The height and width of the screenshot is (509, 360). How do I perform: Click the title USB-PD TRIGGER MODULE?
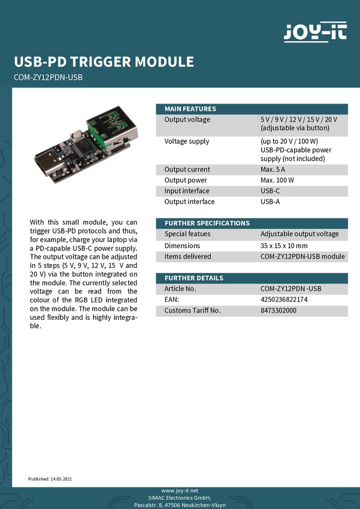[104, 62]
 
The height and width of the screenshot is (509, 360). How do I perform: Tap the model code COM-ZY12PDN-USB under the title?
[47, 77]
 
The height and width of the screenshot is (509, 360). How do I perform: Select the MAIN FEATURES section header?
[190, 108]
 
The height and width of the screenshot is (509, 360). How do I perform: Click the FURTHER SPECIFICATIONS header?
[207, 223]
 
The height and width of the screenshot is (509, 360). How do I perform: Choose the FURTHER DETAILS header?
[194, 278]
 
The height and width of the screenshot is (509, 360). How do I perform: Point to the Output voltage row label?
[187, 120]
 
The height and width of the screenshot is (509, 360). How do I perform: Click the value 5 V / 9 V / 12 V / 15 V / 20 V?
[299, 120]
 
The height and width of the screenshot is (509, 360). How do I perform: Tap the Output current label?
[187, 169]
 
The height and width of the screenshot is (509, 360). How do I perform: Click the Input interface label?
[187, 191]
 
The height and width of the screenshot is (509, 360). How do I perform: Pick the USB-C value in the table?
[270, 191]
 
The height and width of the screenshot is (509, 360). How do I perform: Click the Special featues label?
[187, 234]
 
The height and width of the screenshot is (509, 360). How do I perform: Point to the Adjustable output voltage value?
[300, 234]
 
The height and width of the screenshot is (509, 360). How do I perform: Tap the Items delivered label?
[188, 256]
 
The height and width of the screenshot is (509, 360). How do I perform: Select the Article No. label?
[180, 289]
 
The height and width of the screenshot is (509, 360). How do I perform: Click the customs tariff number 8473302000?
[279, 310]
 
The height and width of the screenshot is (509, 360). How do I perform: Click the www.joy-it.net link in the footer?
[180, 490]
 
